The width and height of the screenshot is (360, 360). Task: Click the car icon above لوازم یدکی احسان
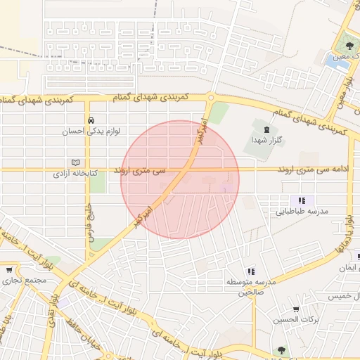pyautogui.click(x=91, y=120)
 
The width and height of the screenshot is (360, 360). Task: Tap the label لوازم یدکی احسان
pyautogui.click(x=91, y=131)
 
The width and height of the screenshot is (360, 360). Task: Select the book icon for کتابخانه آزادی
pyautogui.click(x=76, y=162)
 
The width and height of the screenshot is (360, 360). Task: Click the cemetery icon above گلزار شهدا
pyautogui.click(x=266, y=129)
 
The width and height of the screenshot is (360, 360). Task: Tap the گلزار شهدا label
pyautogui.click(x=266, y=140)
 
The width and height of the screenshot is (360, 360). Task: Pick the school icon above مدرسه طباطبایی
pyautogui.click(x=302, y=200)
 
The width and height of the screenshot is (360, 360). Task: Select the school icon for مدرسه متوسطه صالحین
pyautogui.click(x=251, y=271)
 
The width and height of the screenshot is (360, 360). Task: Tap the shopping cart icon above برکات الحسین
pyautogui.click(x=295, y=309)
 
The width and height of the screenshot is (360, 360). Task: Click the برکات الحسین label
pyautogui.click(x=295, y=320)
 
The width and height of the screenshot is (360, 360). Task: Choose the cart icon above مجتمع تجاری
pyautogui.click(x=9, y=270)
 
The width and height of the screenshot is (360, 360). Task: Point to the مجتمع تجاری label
pyautogui.click(x=23, y=281)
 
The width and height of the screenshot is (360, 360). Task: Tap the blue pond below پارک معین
pyautogui.click(x=330, y=60)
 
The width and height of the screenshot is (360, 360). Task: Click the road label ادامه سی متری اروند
pyautogui.click(x=314, y=170)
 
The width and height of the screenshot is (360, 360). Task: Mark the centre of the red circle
pyautogui.click(x=180, y=179)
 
